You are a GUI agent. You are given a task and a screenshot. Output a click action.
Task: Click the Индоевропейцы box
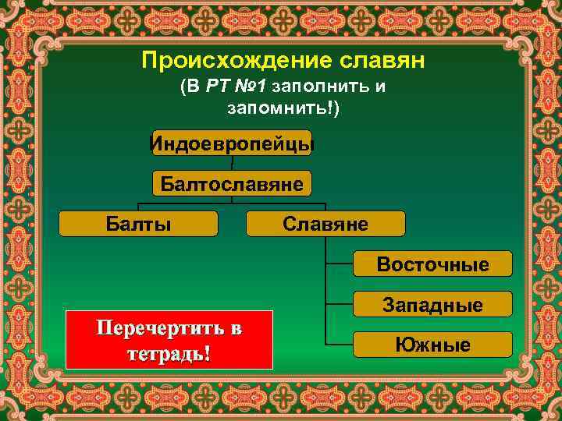[x=232, y=143]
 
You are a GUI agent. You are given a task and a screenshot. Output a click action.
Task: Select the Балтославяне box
[x=232, y=183]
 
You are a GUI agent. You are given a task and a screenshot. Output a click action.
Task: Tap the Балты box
[x=139, y=224]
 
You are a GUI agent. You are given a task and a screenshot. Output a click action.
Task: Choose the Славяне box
[x=325, y=224]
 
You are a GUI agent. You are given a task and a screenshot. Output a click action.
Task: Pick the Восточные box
[x=433, y=264]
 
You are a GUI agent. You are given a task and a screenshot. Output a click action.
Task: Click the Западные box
[x=433, y=304]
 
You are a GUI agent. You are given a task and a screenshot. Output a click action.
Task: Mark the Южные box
[x=433, y=345]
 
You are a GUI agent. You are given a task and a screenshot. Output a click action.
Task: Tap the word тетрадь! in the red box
[x=169, y=352]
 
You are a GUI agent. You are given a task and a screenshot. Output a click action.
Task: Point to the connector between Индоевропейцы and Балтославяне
[x=232, y=163]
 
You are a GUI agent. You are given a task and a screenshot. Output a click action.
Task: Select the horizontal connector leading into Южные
[x=340, y=344]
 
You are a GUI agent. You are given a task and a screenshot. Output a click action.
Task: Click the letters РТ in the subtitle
[x=216, y=86]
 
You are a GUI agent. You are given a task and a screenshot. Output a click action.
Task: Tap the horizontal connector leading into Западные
[x=340, y=303]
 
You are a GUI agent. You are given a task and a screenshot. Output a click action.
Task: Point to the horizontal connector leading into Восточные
[x=340, y=264]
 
